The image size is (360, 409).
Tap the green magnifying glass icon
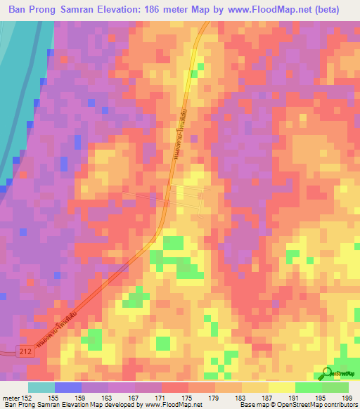(328, 374)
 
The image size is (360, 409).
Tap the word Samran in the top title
(78, 10)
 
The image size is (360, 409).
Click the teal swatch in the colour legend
(41, 387)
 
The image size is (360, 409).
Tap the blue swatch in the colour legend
(68, 387)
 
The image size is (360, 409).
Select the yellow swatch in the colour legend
(282, 387)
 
